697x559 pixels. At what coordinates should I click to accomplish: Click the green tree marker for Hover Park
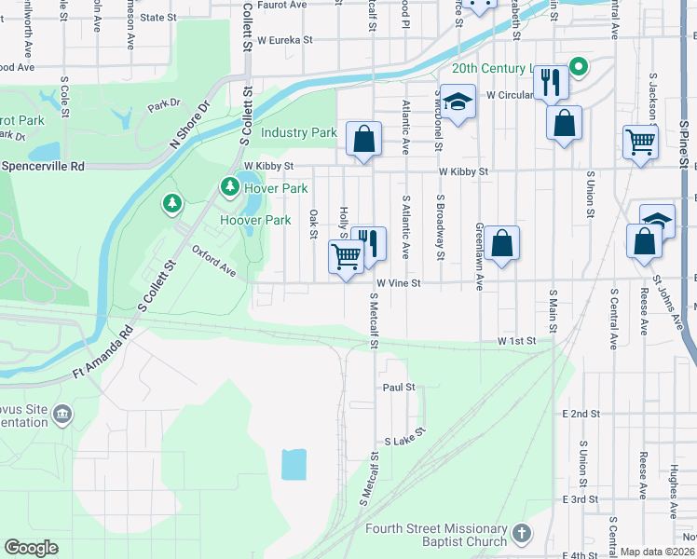coord(229,187)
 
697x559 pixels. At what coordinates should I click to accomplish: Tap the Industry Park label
coord(298,133)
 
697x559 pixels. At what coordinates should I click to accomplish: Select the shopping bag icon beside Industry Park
coord(364,139)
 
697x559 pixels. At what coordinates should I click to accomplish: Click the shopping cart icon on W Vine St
coord(346,256)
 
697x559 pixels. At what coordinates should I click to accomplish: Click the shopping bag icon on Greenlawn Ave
coord(501,243)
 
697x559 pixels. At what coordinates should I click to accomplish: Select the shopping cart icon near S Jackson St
coord(640,143)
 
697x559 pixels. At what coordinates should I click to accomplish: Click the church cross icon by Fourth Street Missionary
coord(523,534)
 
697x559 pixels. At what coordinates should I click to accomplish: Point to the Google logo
coord(31,548)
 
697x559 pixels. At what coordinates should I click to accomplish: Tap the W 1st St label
coord(517,342)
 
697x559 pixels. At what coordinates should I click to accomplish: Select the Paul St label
coord(398,387)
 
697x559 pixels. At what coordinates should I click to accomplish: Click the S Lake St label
coord(404,436)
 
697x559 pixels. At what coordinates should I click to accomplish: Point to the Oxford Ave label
coord(214,261)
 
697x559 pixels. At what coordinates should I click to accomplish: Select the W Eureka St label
coord(284,41)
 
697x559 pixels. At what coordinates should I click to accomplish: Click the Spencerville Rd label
coord(43,166)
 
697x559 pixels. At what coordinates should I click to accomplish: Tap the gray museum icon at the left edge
coord(62,414)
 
